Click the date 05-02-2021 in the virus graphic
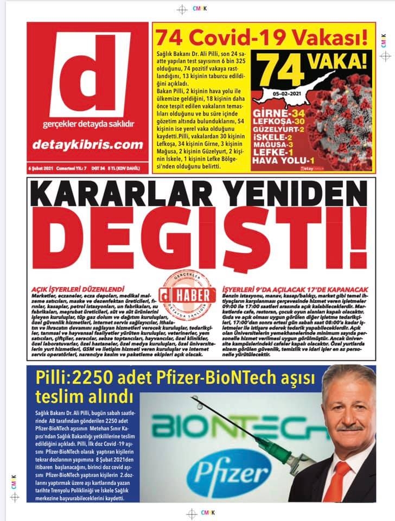(301, 94)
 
